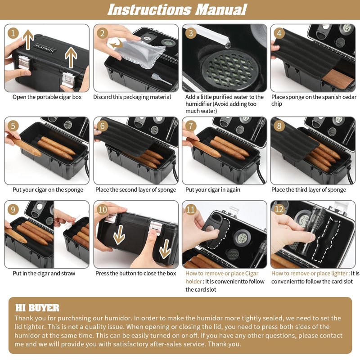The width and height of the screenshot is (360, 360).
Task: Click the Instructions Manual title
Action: pyautogui.click(x=177, y=9)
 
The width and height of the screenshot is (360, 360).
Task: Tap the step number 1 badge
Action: pyautogui.click(x=13, y=33)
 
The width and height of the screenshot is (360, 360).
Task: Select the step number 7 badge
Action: pyautogui.click(x=191, y=126)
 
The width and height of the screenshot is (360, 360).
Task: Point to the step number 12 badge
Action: pyautogui.click(x=279, y=209)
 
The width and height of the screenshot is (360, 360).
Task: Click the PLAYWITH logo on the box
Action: pyautogui.click(x=45, y=48)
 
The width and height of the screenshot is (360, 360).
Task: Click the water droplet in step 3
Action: pyautogui.click(x=228, y=45)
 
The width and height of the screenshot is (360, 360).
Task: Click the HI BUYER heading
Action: pyautogui.click(x=37, y=308)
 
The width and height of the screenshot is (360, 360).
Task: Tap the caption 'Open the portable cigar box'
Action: pyautogui.click(x=47, y=97)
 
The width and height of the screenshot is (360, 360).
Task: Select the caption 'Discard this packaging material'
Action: pyautogui.click(x=132, y=97)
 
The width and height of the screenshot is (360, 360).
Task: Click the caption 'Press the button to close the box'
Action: pyautogui.click(x=136, y=274)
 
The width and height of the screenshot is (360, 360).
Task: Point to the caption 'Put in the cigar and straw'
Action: pyautogui.click(x=44, y=274)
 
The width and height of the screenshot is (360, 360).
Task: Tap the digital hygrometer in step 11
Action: pyautogui.click(x=241, y=239)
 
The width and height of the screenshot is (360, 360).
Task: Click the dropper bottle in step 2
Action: pyautogui.click(x=161, y=79)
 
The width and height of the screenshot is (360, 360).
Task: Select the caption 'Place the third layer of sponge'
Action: pyautogui.click(x=309, y=190)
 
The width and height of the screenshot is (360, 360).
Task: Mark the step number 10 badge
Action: pyautogui.click(x=103, y=209)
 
